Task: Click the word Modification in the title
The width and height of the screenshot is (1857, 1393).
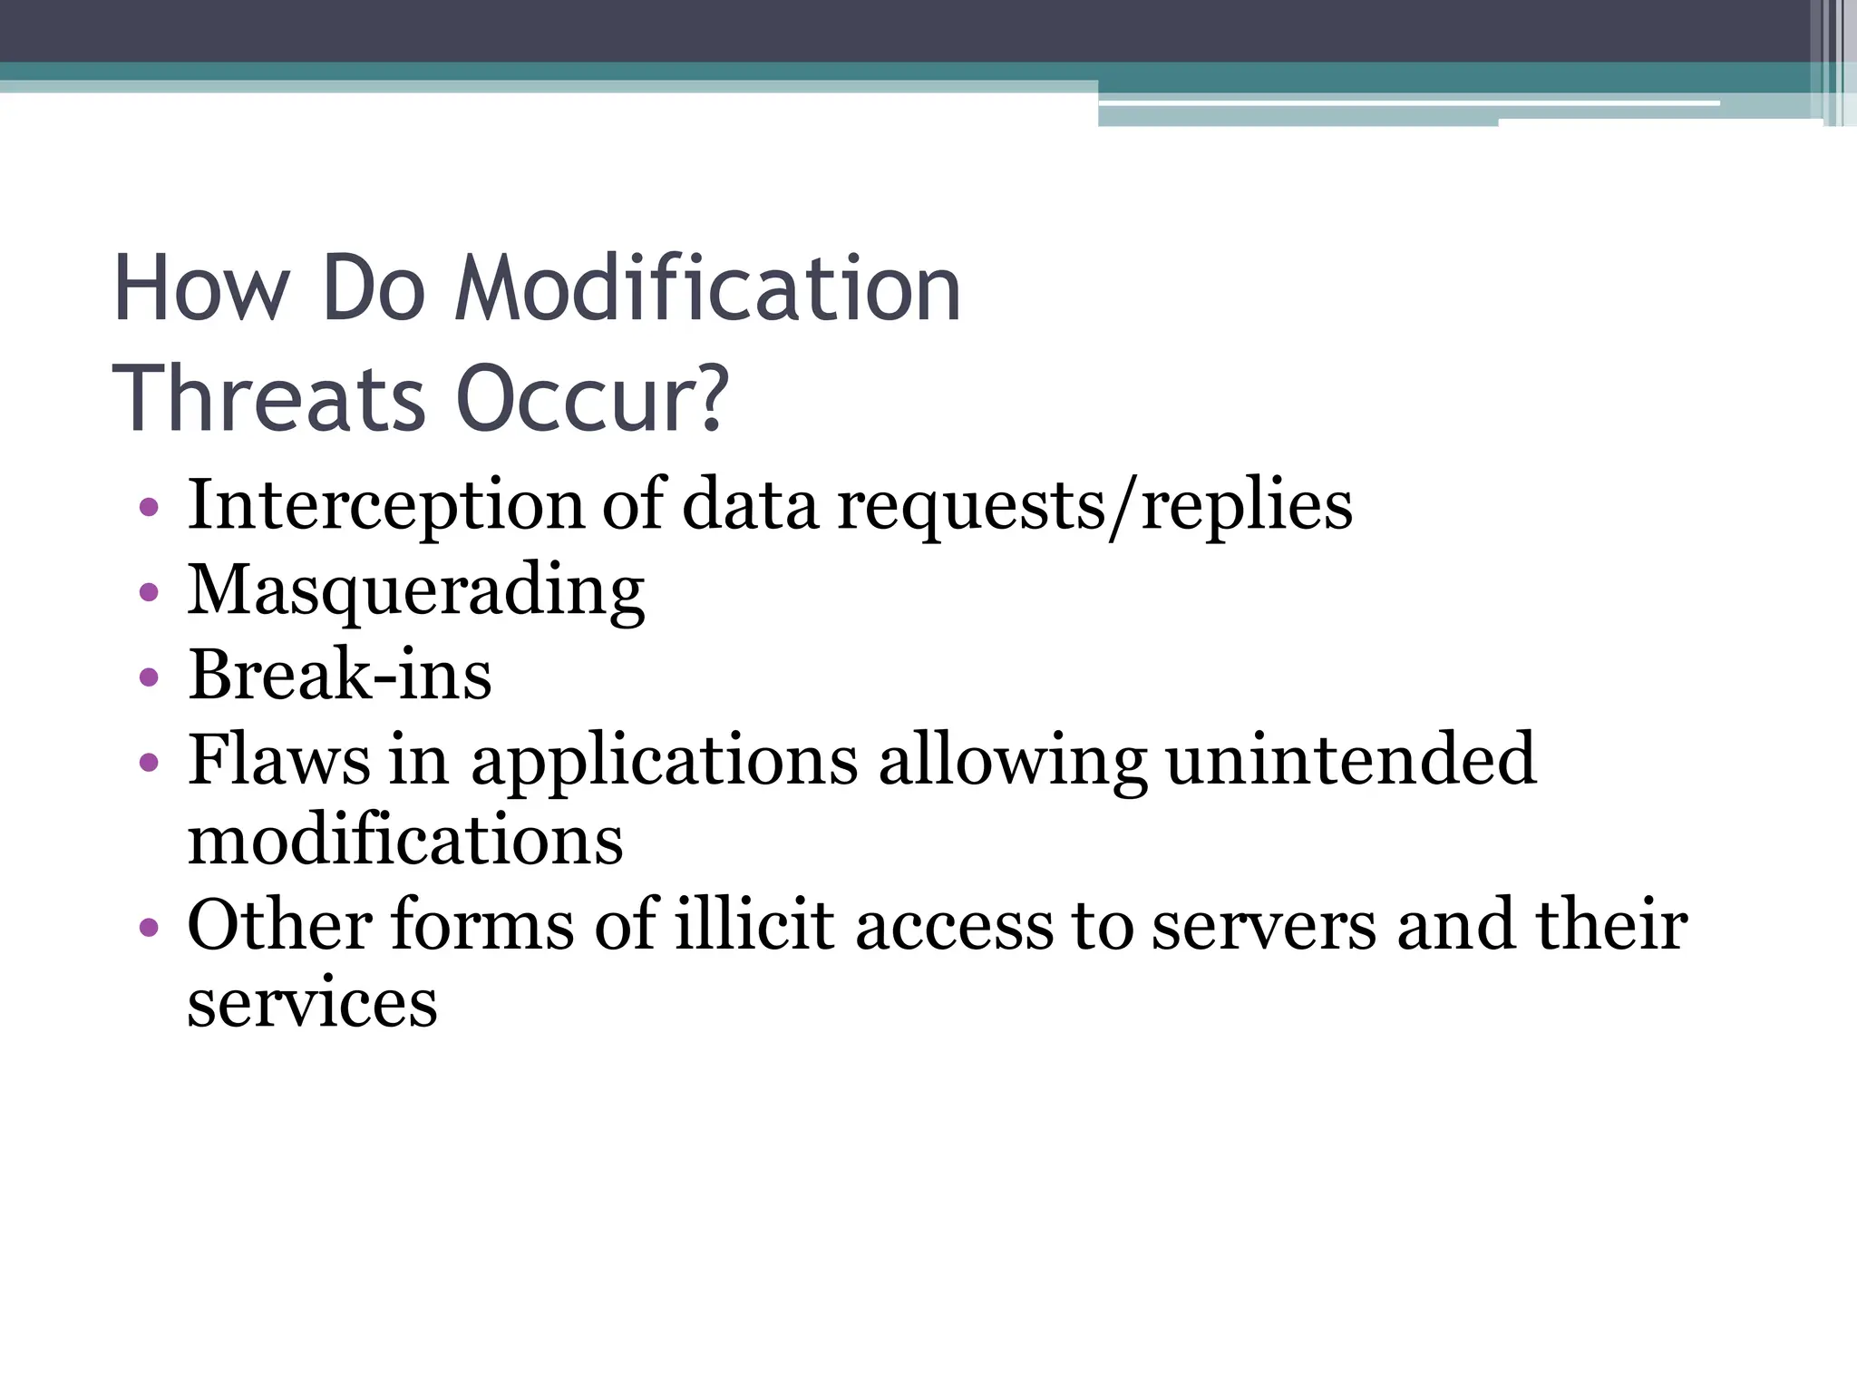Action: [x=706, y=289]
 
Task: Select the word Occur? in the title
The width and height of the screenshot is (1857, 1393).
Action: [x=592, y=400]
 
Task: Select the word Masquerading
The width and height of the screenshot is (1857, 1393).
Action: [x=416, y=591]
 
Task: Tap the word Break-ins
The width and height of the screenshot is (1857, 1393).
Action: [x=340, y=675]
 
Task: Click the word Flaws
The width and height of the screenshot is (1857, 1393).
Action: [x=278, y=759]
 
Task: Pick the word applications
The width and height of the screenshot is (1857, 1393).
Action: [x=664, y=761]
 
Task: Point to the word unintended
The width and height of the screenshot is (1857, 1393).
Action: [x=1351, y=759]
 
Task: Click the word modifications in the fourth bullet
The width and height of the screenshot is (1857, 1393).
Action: [x=405, y=840]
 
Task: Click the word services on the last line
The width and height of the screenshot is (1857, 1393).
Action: [x=312, y=1003]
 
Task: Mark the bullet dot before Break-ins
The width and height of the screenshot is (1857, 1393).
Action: [x=150, y=677]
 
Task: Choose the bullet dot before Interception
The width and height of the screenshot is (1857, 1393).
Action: [x=150, y=507]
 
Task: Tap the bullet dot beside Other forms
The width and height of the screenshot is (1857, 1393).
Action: [x=150, y=928]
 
